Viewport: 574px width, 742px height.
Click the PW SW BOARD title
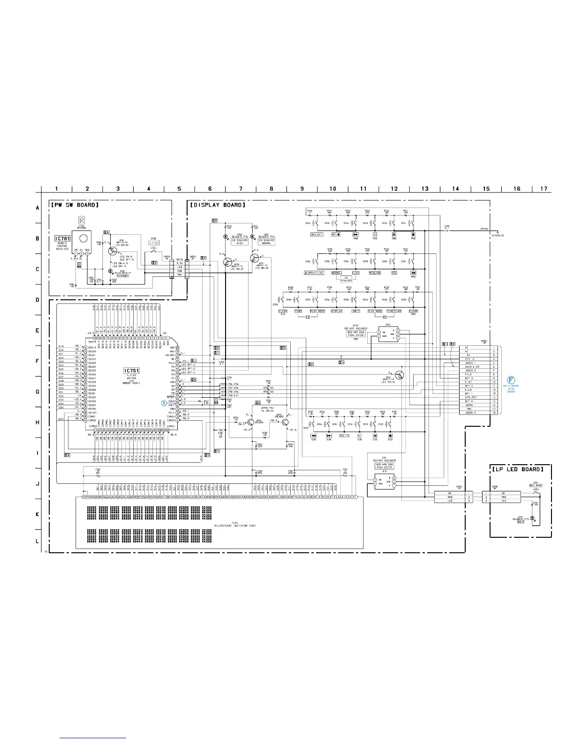[75, 205]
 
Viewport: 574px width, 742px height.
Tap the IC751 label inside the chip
[131, 371]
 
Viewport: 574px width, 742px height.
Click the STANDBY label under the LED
[123, 275]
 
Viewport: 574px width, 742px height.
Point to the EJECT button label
[317, 234]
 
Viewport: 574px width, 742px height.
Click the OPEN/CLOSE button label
[314, 273]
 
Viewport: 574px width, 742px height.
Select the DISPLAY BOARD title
[217, 205]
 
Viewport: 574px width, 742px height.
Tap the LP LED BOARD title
[518, 469]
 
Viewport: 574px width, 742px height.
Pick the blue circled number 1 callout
[164, 402]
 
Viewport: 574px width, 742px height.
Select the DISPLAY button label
[337, 311]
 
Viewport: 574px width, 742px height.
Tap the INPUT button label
[356, 311]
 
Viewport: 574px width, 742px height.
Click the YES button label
[394, 273]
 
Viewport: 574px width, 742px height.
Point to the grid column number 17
[544, 189]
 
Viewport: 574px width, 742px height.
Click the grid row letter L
[38, 541]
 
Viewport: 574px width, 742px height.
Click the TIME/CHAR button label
[393, 311]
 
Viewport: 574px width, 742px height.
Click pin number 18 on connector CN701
[494, 413]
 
